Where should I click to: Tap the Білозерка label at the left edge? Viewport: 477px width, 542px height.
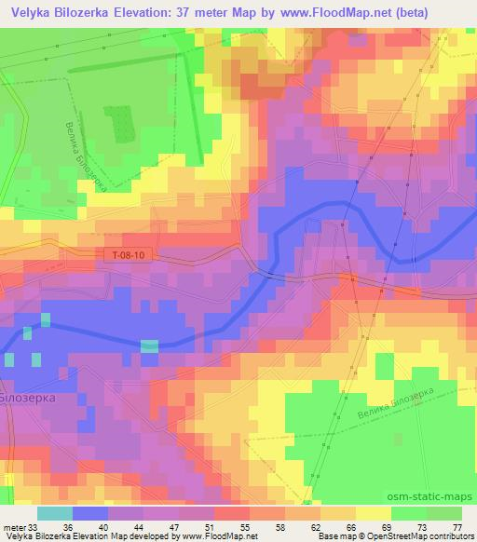pyautogui.click(x=28, y=397)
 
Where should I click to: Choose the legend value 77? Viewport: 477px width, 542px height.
pyautogui.click(x=457, y=526)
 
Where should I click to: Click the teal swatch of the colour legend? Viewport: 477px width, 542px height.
pyautogui.click(x=55, y=513)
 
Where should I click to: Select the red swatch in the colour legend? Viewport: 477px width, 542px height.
pyautogui.click(x=232, y=513)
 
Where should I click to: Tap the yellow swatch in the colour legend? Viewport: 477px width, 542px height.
pyautogui.click(x=374, y=513)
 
